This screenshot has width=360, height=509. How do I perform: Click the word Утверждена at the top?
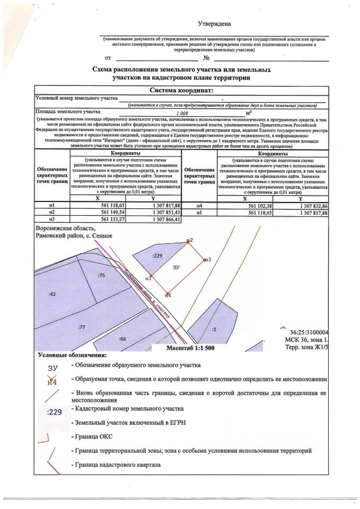click(x=214, y=24)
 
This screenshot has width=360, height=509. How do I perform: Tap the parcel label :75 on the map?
click(x=101, y=275)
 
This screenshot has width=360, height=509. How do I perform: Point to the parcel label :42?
click(x=52, y=293)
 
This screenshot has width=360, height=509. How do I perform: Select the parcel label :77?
click(x=81, y=327)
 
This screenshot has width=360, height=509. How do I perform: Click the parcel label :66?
click(x=122, y=338)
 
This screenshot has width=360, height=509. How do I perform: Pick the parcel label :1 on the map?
click(x=214, y=329)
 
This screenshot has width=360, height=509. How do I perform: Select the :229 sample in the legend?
click(x=55, y=410)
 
